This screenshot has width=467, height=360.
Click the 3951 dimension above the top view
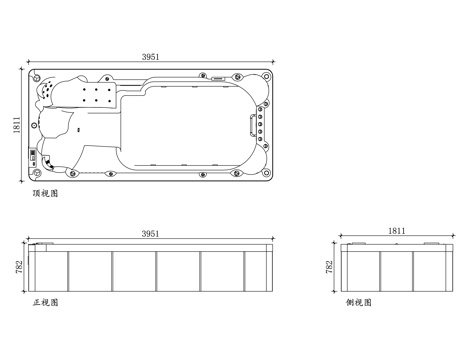click(x=151, y=57)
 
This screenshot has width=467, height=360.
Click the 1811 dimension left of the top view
click(x=17, y=125)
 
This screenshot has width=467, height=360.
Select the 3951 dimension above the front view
click(x=150, y=234)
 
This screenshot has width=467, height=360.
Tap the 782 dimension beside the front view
click(x=19, y=267)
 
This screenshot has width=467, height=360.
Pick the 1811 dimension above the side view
click(x=397, y=231)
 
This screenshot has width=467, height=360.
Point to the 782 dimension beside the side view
click(x=329, y=267)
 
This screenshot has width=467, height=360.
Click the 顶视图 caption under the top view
click(x=45, y=193)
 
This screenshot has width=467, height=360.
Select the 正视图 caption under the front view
click(x=45, y=302)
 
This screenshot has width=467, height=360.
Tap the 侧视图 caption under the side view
click(x=359, y=302)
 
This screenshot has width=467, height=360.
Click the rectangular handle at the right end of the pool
click(x=252, y=125)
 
